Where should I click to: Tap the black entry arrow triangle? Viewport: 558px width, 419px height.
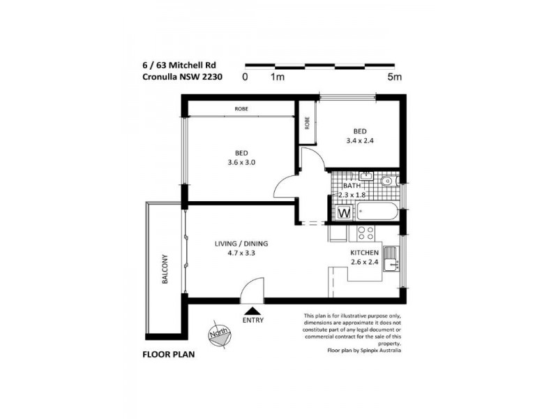click(x=253, y=309)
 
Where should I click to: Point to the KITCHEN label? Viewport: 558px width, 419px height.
click(x=365, y=252)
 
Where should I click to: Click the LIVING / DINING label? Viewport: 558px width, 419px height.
click(x=241, y=244)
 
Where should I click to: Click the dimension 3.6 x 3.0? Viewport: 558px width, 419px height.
click(x=241, y=163)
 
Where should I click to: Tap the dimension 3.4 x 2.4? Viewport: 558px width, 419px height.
click(x=359, y=140)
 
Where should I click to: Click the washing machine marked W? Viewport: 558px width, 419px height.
click(x=344, y=213)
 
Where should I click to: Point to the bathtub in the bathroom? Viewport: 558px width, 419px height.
click(x=377, y=213)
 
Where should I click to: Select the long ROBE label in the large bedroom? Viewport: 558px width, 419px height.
click(x=241, y=109)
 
